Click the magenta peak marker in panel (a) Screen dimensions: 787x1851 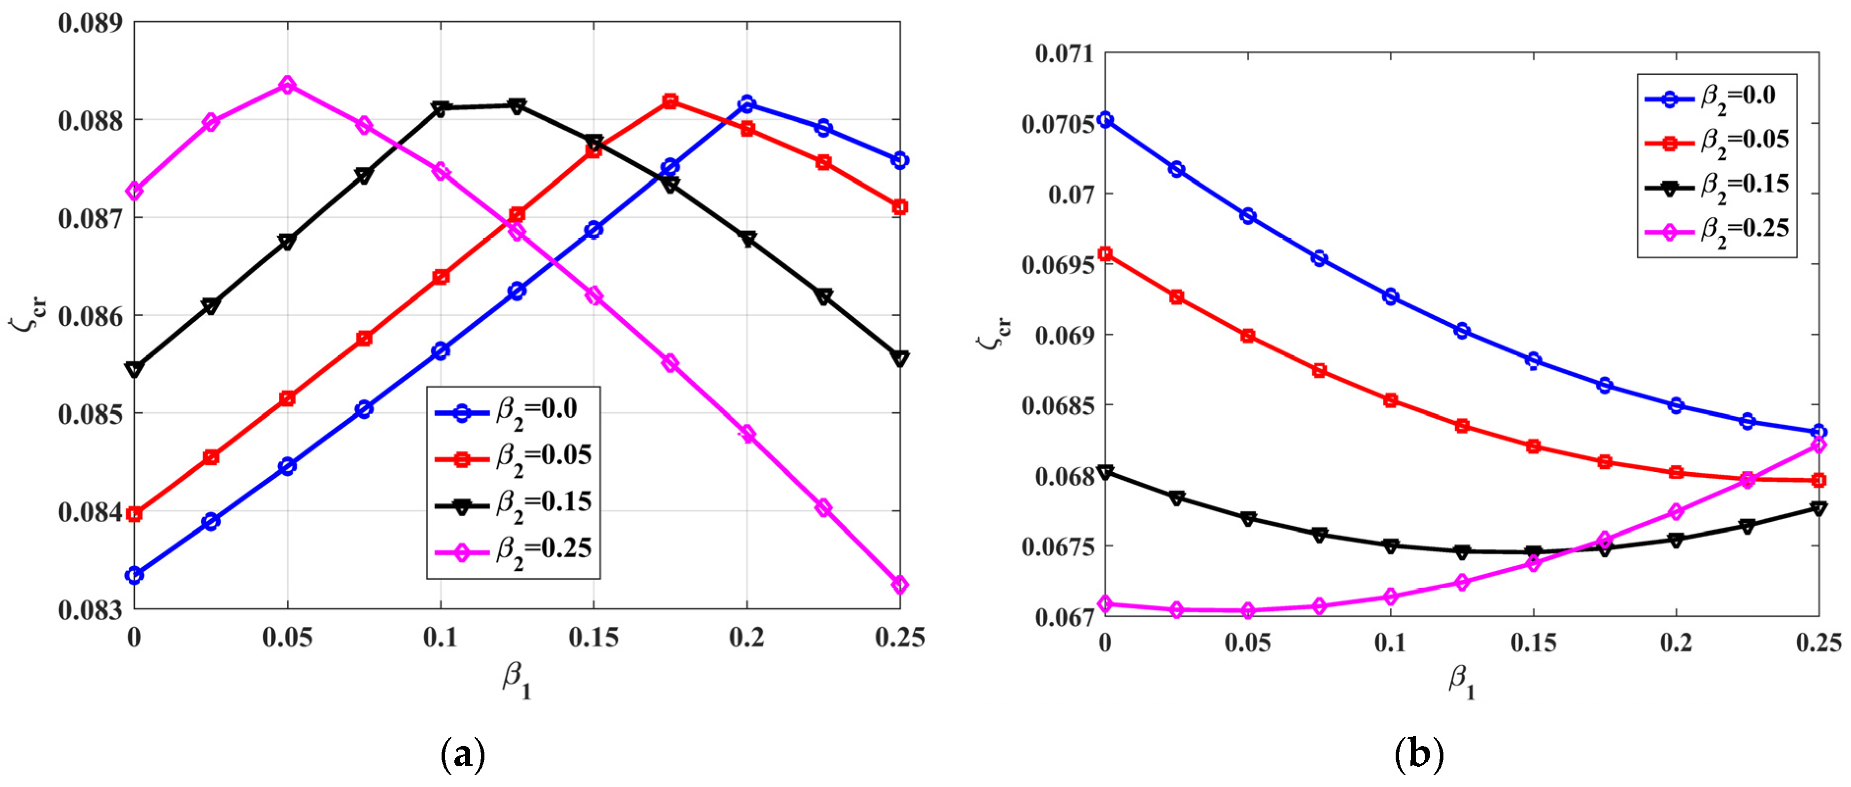(x=287, y=85)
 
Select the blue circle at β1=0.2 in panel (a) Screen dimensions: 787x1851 (x=747, y=104)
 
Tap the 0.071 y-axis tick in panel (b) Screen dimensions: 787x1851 (x=1063, y=54)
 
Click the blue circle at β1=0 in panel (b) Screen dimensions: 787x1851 (x=1106, y=119)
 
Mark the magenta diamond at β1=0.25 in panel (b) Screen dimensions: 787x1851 (x=1818, y=445)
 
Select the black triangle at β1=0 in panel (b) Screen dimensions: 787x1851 (x=1106, y=472)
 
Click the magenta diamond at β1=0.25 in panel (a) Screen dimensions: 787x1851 (x=900, y=584)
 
